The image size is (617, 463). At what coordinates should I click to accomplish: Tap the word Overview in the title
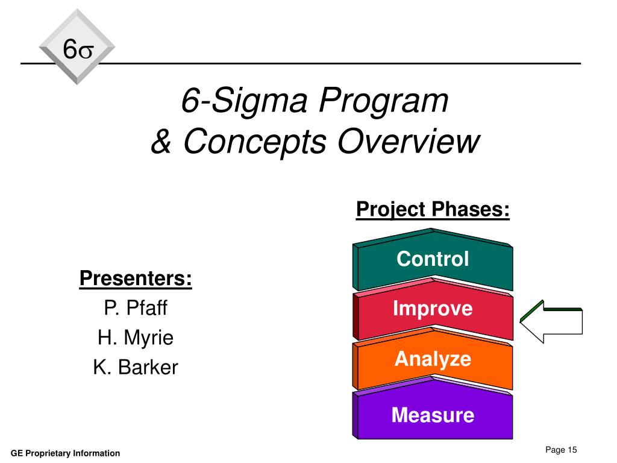pyautogui.click(x=409, y=142)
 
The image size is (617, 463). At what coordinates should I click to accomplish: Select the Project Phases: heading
pyautogui.click(x=433, y=210)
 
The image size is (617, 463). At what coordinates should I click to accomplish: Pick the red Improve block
pyautogui.click(x=433, y=310)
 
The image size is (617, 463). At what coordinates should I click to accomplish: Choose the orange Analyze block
pyautogui.click(x=433, y=360)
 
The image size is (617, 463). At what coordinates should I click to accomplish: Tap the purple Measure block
pyautogui.click(x=433, y=415)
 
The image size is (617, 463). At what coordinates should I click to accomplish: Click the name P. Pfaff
pyautogui.click(x=136, y=309)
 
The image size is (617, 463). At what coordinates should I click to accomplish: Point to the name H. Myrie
pyautogui.click(x=136, y=338)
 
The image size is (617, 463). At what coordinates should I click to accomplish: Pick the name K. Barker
pyautogui.click(x=136, y=367)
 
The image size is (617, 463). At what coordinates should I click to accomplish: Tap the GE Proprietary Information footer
pyautogui.click(x=66, y=453)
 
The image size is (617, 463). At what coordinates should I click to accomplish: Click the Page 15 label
pyautogui.click(x=561, y=450)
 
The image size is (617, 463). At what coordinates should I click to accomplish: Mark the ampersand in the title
pyautogui.click(x=161, y=142)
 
